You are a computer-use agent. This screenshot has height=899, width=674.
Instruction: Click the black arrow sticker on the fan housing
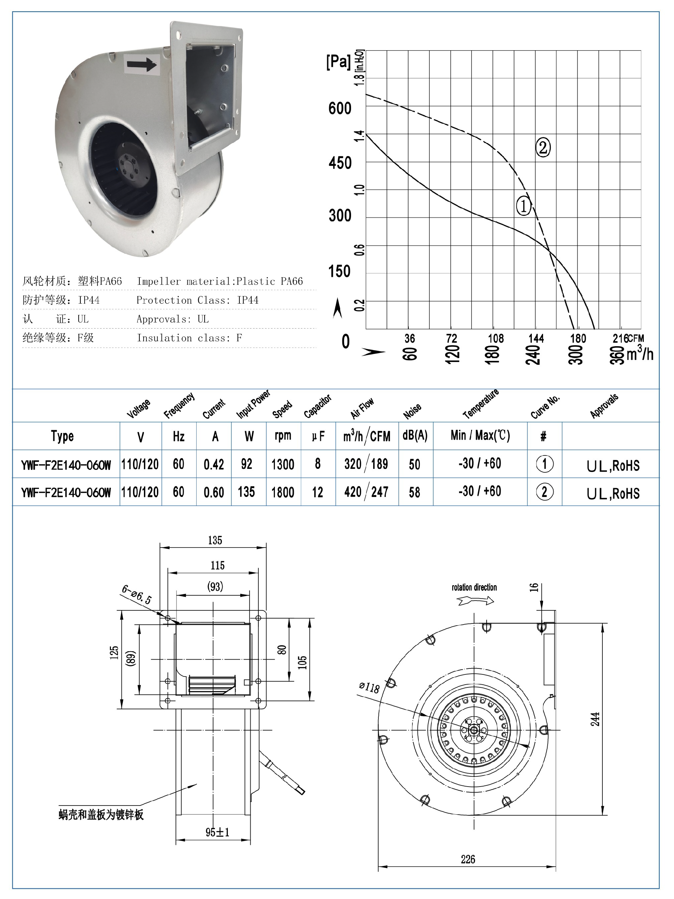pos(142,64)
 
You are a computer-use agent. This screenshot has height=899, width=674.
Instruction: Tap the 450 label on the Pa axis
pos(340,163)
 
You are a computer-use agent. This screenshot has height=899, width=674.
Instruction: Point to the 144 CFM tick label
pos(536,338)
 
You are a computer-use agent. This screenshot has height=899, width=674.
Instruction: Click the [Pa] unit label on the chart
pos(338,62)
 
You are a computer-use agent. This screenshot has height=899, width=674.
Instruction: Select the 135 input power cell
pos(246,492)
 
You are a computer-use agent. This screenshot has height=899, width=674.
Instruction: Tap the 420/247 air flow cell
pos(366,492)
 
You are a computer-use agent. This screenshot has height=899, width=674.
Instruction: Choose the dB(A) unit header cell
pos(415,436)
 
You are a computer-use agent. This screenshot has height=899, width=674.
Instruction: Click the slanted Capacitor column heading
pos(317,406)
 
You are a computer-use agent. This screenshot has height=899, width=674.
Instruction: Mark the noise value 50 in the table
pos(415,464)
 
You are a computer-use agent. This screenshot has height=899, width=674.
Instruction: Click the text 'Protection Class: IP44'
pos(197,300)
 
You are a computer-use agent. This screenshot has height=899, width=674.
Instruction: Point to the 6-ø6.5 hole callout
pos(137,595)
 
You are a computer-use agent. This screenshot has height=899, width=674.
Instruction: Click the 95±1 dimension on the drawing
pos(217,832)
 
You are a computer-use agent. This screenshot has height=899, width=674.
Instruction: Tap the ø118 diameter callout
pos(369,687)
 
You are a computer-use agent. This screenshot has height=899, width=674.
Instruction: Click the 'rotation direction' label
pos(474,587)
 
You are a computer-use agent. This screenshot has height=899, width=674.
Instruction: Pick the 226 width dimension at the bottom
pos(468,859)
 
